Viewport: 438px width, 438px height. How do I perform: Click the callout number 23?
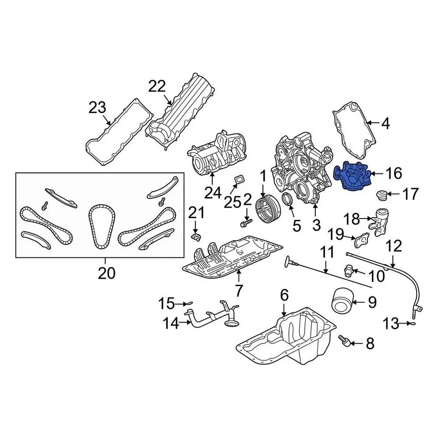[98, 108]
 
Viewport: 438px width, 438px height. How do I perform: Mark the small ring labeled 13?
[411, 324]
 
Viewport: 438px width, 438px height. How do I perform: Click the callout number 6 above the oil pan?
[284, 296]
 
